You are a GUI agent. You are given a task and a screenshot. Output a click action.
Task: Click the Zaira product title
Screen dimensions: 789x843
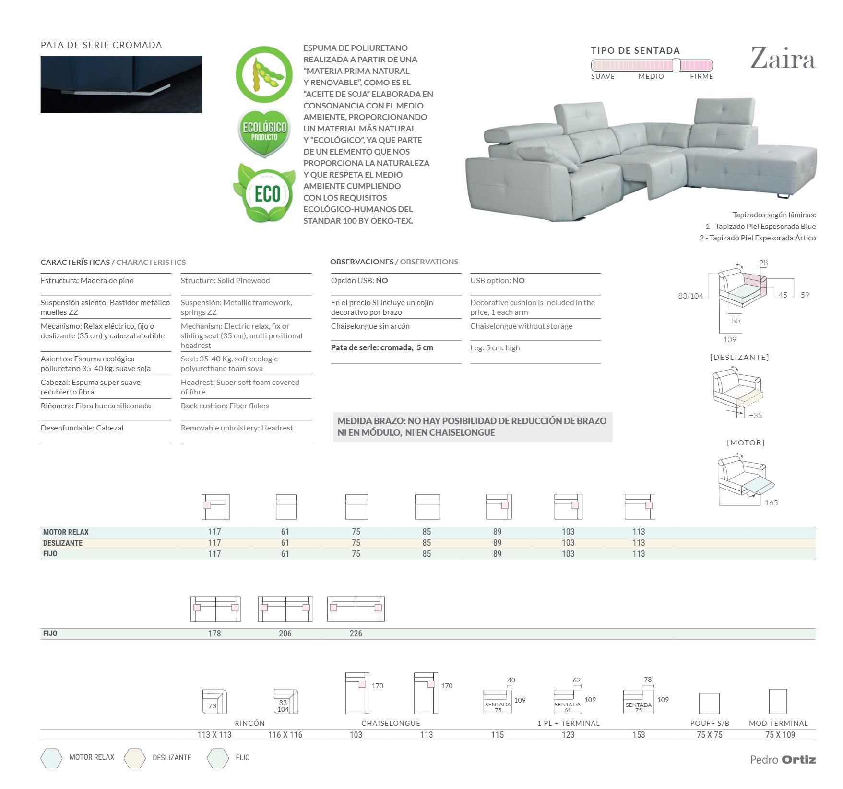783,59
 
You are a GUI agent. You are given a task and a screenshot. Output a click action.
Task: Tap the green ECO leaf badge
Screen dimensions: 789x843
264,193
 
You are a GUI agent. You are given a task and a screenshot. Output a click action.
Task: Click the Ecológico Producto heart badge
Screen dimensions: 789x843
264,132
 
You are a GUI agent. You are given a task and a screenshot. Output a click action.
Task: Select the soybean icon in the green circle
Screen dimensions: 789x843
263,75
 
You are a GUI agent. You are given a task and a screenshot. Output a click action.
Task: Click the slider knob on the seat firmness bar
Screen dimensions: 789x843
676,65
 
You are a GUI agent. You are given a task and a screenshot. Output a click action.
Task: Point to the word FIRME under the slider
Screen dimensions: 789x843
701,76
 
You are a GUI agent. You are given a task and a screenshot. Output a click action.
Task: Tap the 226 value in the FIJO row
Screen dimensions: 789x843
356,634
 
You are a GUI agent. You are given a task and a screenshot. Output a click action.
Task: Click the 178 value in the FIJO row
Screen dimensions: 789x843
214,634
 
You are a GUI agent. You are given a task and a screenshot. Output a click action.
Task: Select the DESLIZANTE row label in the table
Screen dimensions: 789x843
63,543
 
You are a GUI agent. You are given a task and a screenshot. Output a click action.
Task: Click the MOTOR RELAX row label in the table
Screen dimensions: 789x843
66,532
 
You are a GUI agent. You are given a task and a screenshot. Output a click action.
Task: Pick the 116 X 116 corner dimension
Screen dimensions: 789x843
285,735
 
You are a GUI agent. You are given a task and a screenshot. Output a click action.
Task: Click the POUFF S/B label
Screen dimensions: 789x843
710,723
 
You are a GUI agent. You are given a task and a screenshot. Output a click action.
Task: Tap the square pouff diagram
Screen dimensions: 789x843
709,704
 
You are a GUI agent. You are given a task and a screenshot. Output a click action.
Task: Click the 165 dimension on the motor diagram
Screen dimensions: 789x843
771,502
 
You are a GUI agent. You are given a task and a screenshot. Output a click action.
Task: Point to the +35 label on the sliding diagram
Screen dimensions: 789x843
755,415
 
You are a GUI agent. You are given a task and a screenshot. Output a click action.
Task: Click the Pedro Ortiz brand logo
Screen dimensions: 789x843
783,759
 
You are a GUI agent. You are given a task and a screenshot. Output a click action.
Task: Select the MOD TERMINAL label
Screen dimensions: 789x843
778,723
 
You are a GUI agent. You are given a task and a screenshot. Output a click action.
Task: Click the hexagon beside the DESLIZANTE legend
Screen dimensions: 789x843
134,758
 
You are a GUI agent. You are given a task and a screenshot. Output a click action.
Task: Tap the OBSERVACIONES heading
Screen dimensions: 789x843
362,262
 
